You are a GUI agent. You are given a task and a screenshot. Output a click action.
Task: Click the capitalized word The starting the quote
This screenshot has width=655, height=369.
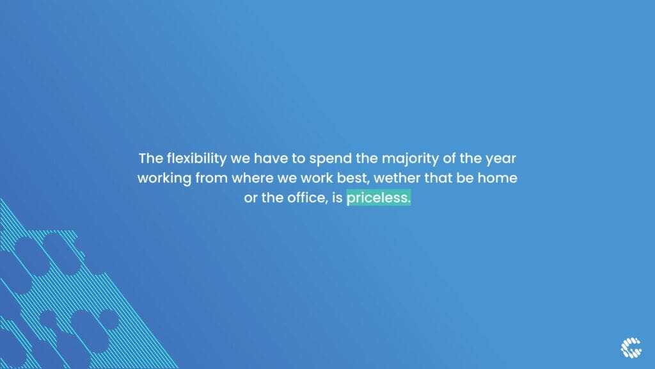(151, 158)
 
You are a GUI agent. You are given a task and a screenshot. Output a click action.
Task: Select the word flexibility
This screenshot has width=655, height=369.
(197, 159)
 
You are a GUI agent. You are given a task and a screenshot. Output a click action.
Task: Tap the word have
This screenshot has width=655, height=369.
(271, 158)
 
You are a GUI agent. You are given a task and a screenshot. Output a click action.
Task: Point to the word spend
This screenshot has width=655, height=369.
(331, 159)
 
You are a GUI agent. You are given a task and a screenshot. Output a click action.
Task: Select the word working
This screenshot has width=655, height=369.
(164, 179)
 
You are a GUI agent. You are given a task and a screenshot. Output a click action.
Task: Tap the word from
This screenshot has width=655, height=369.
(212, 178)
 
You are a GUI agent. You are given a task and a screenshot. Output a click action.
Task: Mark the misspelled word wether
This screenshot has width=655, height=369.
(397, 178)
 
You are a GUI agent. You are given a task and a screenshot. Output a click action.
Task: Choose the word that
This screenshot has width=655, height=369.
(438, 178)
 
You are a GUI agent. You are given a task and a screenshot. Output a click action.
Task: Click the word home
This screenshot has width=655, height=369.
(497, 178)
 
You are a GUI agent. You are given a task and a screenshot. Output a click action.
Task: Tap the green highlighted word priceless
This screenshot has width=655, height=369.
(379, 197)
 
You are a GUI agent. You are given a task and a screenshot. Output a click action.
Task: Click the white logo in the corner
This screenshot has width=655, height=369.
(631, 348)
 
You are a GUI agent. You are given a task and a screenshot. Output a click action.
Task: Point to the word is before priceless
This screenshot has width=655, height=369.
(337, 197)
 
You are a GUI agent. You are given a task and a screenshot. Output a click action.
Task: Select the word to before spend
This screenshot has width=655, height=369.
(298, 159)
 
